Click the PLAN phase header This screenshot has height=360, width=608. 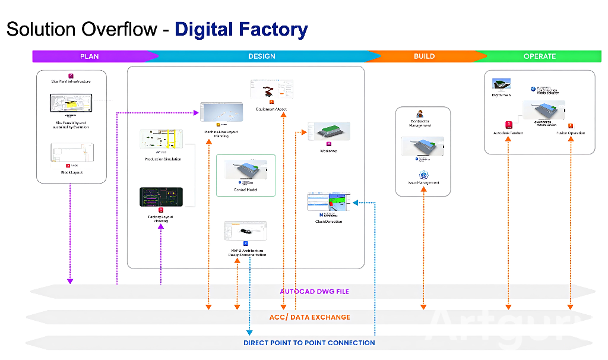[x=90, y=56]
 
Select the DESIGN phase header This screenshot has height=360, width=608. [x=262, y=56]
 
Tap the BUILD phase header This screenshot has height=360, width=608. [x=424, y=56]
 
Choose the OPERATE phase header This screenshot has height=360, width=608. [x=540, y=56]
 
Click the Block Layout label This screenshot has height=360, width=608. [x=72, y=172]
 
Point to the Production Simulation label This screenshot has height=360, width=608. [x=163, y=159]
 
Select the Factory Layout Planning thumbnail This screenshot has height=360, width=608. [x=161, y=197]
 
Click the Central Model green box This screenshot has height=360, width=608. [x=246, y=175]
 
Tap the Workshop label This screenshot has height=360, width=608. [x=328, y=151]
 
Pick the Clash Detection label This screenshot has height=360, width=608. [x=328, y=222]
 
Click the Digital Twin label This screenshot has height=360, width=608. [x=502, y=95]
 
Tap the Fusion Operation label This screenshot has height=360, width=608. [x=571, y=133]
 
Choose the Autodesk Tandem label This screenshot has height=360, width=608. [x=508, y=133]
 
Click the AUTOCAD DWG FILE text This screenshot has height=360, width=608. [x=314, y=292]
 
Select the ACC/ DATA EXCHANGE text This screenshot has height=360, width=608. [x=309, y=317]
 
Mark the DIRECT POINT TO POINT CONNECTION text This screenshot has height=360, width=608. [x=309, y=343]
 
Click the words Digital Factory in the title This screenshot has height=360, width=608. [x=241, y=30]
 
